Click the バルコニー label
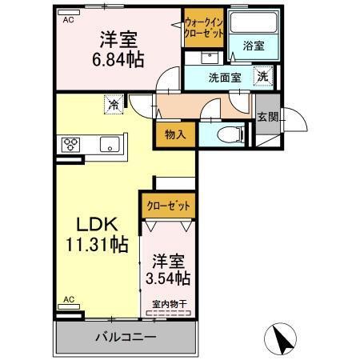[x=127, y=337]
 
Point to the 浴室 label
[x=255, y=46]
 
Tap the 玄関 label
[x=266, y=117]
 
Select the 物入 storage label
[x=176, y=135]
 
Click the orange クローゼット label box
[x=168, y=206]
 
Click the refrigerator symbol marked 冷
[x=114, y=103]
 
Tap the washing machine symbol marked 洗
[x=262, y=77]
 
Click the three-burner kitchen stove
[x=70, y=145]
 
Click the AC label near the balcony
[x=69, y=299]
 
